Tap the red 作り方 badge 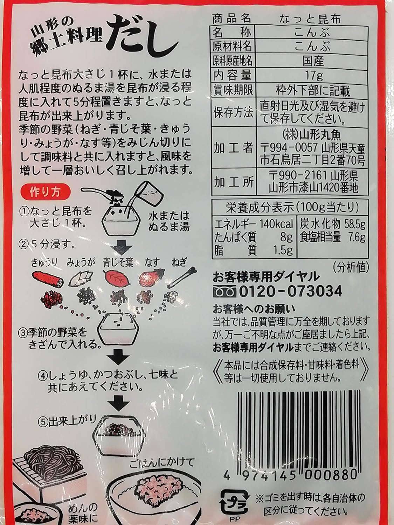[x=46, y=192]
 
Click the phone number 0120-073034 [x=291, y=291]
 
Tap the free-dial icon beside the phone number [x=225, y=292]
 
